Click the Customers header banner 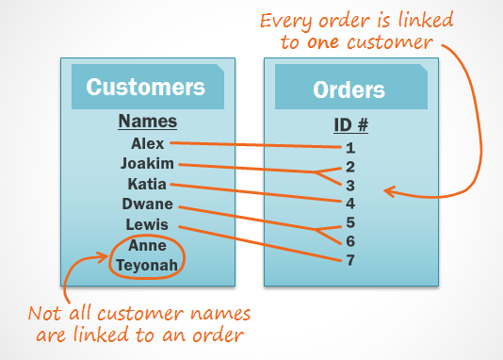(x=146, y=88)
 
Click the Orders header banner (x=349, y=90)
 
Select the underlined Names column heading (x=147, y=123)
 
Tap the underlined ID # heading (x=349, y=125)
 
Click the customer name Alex (x=148, y=144)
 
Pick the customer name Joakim (x=147, y=164)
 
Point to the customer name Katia (x=147, y=184)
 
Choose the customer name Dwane (x=147, y=205)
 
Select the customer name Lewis (x=147, y=224)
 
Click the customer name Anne (x=147, y=245)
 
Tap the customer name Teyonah (x=147, y=265)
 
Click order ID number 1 (x=349, y=147)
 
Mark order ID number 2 (x=349, y=166)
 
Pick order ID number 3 (x=349, y=185)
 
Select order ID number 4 (x=349, y=203)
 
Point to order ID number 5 (x=349, y=222)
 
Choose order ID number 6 (x=349, y=240)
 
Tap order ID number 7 (x=349, y=259)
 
